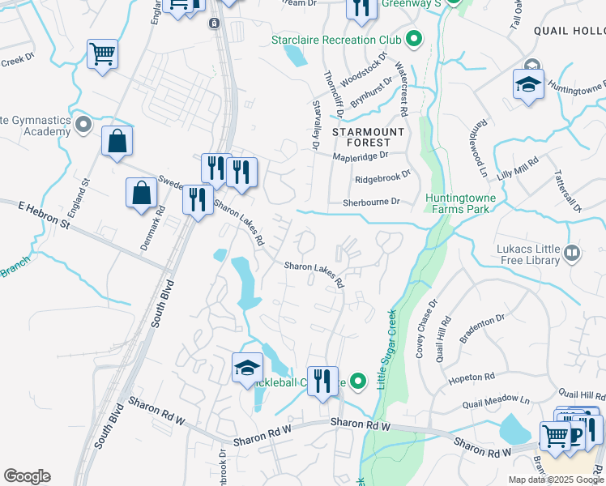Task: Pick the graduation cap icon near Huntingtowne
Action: pyautogui.click(x=527, y=83)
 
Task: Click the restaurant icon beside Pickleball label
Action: pyautogui.click(x=322, y=381)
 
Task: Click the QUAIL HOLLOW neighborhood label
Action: pyautogui.click(x=570, y=30)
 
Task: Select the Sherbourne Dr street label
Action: pyautogui.click(x=372, y=202)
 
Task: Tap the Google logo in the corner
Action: pyautogui.click(x=27, y=476)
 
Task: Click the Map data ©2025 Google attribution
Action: pyautogui.click(x=556, y=480)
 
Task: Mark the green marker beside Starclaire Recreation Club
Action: pyautogui.click(x=414, y=39)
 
